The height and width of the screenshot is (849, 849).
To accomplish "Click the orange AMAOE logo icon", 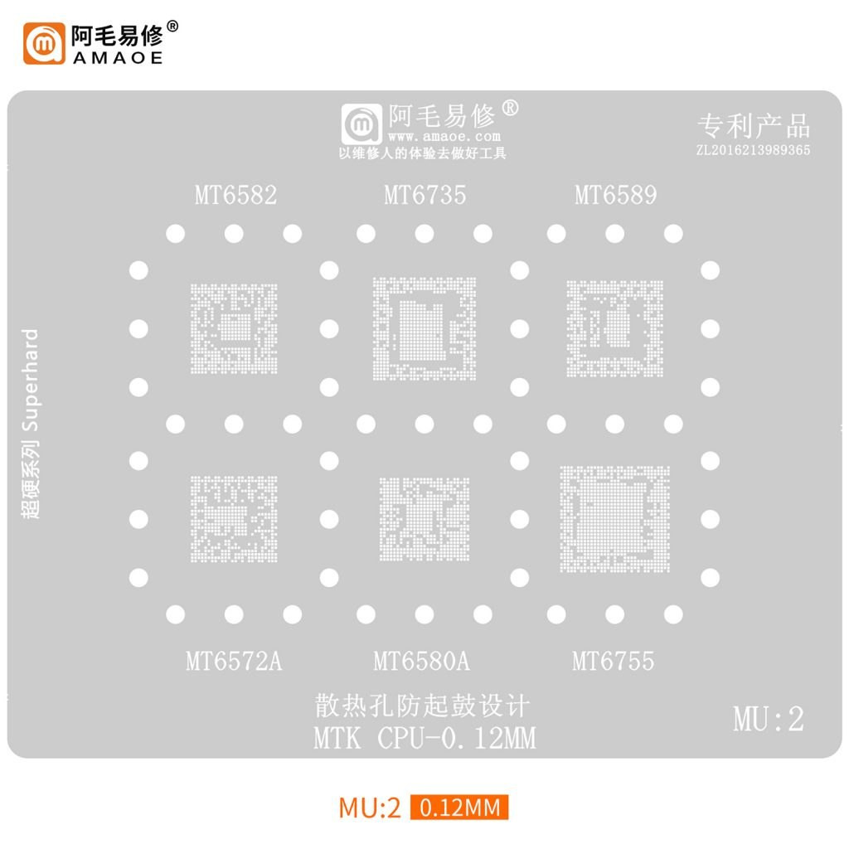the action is coord(44,43).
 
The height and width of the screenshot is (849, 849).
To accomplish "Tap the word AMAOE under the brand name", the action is coord(118,57).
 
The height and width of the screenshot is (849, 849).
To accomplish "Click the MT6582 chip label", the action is coord(235,195).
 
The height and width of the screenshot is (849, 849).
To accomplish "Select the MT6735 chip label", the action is coord(425,195).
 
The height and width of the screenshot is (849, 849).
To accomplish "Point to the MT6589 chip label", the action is coord(616,195).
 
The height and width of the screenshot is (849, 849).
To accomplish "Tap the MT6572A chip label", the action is coord(234,661).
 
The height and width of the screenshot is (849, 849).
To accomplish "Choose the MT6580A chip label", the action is coord(422,661).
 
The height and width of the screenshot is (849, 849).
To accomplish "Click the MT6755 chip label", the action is coord(613,661).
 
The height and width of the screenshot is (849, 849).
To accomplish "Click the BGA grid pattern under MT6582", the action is coord(234,328).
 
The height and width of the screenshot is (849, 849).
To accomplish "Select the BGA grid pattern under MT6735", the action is coord(424,328).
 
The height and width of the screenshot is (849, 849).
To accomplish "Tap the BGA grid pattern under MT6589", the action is coord(614,328).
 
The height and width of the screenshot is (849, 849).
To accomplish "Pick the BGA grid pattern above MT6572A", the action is coord(234,519).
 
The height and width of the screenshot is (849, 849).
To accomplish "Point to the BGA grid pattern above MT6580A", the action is coord(424,519).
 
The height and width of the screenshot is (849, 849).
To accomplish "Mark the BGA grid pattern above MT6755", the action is coord(614,519).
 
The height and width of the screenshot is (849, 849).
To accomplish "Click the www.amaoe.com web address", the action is coord(444,137).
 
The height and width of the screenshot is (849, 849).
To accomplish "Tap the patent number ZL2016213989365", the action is coord(753,150).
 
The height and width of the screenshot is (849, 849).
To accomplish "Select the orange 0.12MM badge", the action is coord(459,808).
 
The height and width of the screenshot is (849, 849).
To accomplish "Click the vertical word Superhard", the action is coord(31,380).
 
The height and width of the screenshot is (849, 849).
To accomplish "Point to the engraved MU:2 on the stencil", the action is coord(769,720).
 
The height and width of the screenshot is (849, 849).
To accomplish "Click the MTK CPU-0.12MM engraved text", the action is coord(425,738).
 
